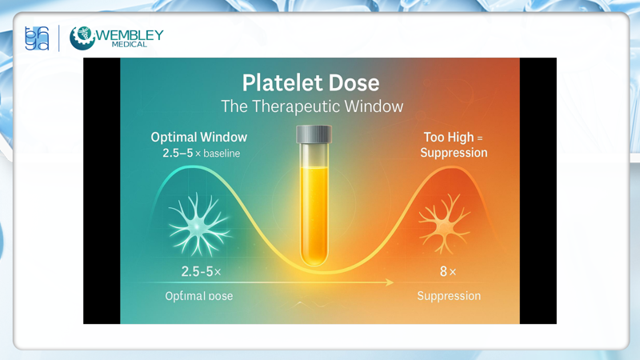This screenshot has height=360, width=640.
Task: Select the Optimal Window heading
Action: click(199, 137)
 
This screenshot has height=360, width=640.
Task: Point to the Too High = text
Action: click(454, 138)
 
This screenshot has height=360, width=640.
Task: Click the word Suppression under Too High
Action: click(454, 152)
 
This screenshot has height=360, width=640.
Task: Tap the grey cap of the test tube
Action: click(314, 134)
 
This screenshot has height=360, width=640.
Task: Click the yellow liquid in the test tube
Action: click(313, 208)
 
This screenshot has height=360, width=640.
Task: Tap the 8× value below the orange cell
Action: click(448, 272)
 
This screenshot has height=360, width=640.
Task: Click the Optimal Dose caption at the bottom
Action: click(198, 296)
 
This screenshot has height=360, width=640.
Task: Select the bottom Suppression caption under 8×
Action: click(449, 296)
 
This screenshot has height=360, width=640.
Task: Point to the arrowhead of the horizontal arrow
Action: click(390, 282)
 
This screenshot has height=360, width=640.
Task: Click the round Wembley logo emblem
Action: click(82, 38)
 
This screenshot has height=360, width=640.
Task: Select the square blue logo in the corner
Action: click(37, 38)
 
